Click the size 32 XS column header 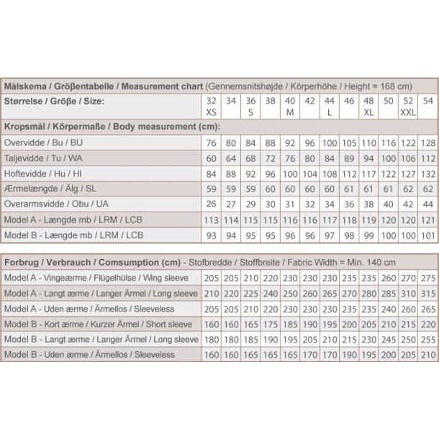pos(211,107)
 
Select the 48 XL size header pos(368,107)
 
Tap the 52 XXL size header pos(408,107)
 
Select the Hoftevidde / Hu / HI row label pos(44,173)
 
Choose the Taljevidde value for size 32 pos(211,158)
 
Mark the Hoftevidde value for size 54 pos(428,173)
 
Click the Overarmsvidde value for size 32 pos(211,204)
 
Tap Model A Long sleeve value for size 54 pos(428,294)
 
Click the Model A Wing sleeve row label pos(96,279)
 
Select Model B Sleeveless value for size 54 pos(428,355)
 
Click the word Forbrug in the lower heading pos(22,263)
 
